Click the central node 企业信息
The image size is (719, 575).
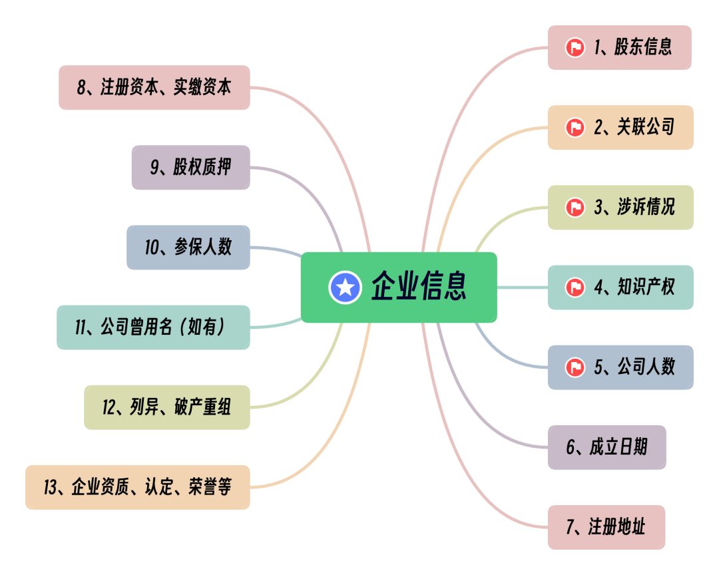[x=399, y=287]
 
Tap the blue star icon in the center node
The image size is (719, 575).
[x=345, y=287]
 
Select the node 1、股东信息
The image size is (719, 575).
[x=619, y=47]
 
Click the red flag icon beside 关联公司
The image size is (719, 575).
[x=575, y=127]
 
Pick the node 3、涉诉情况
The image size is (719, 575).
[x=620, y=207]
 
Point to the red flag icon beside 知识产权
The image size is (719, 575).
[x=575, y=287]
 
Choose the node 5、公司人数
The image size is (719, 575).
[x=620, y=367]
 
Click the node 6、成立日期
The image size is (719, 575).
[x=606, y=447]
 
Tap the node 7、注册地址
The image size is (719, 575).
[x=606, y=527]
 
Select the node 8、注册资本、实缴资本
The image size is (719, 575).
[x=154, y=87]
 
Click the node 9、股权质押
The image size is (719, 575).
[x=190, y=167]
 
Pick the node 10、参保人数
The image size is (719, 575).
[x=188, y=247]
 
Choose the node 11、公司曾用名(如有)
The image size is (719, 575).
[x=153, y=327]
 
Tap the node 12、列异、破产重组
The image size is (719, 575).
[x=167, y=407]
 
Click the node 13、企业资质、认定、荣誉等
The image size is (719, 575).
[x=138, y=487]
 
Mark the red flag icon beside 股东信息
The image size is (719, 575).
[x=575, y=48]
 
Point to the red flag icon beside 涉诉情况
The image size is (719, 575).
[x=575, y=208]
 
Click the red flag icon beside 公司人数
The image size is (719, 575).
[x=575, y=367]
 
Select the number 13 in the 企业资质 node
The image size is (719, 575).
[x=50, y=487]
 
